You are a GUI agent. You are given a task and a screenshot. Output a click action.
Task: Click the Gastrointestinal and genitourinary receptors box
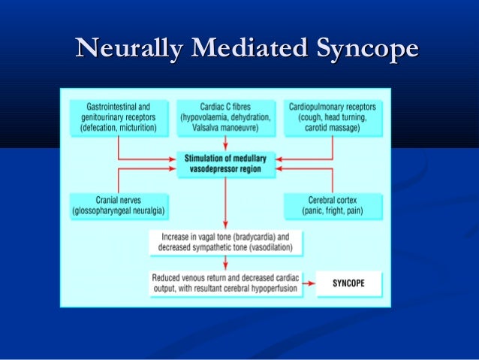119,118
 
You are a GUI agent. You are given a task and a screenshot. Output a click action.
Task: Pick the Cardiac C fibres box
225,118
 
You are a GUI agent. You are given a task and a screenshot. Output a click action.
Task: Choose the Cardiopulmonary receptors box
332,118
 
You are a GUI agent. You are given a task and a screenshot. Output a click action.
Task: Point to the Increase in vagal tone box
225,241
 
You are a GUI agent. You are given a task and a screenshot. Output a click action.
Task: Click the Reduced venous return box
225,283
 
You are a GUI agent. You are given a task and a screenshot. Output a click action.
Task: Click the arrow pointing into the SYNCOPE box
309,283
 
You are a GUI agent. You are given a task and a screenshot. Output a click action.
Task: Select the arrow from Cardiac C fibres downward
225,144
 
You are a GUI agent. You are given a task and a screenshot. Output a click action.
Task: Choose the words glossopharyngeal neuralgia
119,211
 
